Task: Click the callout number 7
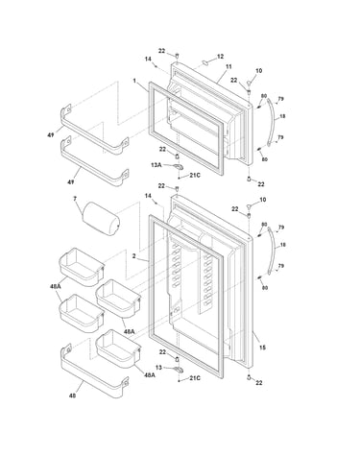(75, 199)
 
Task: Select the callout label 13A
(156, 165)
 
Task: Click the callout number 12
(220, 57)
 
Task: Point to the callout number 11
(228, 67)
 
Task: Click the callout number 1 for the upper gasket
(134, 81)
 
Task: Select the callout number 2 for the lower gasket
(134, 256)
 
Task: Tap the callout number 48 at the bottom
(73, 396)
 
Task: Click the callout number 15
(262, 348)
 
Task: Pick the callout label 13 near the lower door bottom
(158, 368)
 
